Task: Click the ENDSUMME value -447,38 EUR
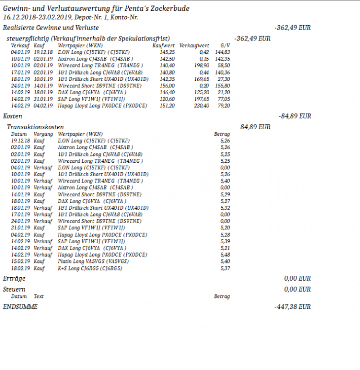(x=292, y=307)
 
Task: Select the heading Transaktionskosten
(x=35, y=127)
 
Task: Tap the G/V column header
(x=225, y=45)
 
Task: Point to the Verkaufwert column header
(x=194, y=45)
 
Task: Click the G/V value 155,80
(x=223, y=85)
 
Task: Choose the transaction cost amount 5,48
(x=224, y=255)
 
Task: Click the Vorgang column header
(x=43, y=134)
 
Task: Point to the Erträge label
(x=14, y=279)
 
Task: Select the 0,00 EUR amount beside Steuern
(x=297, y=289)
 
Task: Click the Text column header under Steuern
(x=38, y=296)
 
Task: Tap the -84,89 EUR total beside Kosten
(x=294, y=116)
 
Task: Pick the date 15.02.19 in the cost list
(x=19, y=261)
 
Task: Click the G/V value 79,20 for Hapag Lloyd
(x=224, y=105)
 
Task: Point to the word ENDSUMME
(x=20, y=307)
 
